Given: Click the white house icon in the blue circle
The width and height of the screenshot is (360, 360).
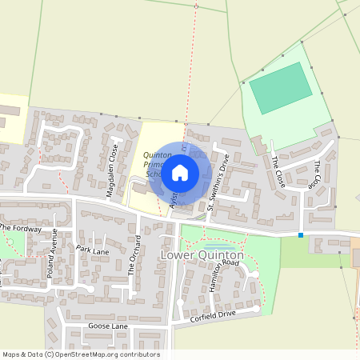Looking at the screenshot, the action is (180, 171).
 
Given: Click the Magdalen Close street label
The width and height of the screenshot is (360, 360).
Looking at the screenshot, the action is (113, 164).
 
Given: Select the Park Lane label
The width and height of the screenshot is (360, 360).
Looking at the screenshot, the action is (92, 250).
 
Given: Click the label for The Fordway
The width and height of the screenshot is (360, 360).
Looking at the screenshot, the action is (19, 228).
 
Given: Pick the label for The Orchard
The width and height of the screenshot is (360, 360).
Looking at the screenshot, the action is (135, 256).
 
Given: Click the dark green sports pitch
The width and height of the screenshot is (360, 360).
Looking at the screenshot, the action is (280, 89).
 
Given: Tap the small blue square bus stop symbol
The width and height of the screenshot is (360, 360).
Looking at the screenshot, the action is (301, 235).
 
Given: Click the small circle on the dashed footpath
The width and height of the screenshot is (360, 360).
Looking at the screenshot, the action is (196, 6).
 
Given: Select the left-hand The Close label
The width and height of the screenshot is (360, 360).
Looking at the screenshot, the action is (277, 170).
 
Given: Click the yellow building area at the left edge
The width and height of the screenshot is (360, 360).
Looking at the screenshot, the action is (11, 118).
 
